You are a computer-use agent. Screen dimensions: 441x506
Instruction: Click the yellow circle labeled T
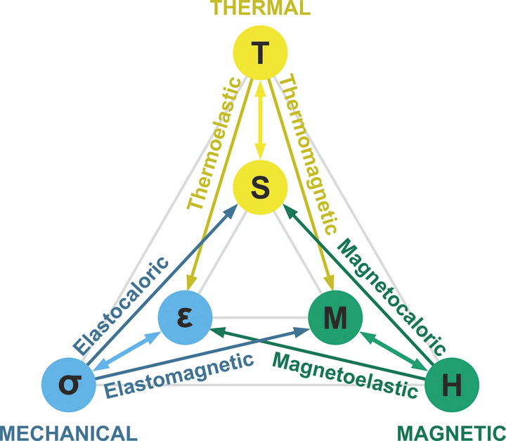pos(260,53)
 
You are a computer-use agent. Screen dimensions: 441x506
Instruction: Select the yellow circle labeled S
pos(260,186)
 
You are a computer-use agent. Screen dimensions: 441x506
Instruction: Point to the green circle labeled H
pos(453,384)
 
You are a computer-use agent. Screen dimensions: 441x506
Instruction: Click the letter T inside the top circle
pos(260,53)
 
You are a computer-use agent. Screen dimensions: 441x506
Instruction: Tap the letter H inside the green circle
pos(453,384)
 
